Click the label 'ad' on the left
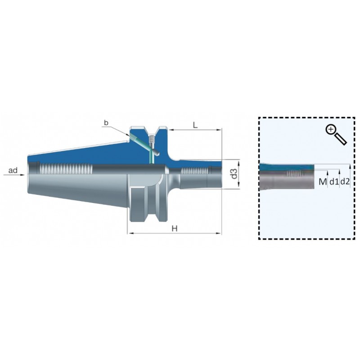(x=13, y=171)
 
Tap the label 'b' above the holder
(x=106, y=123)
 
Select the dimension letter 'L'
(x=195, y=125)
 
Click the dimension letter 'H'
(x=175, y=229)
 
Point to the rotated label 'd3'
(x=234, y=174)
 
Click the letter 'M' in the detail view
(x=323, y=182)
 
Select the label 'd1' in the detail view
(x=334, y=182)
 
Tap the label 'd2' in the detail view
(x=345, y=182)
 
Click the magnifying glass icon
(x=336, y=135)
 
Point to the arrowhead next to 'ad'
(x=22, y=175)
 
